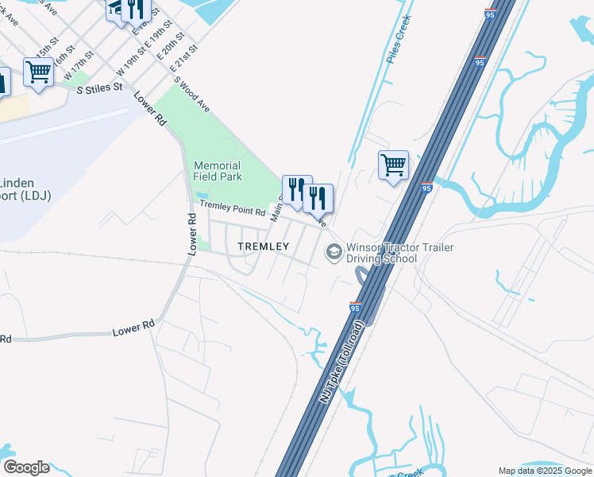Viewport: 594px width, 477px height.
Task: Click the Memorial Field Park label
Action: [x=218, y=171]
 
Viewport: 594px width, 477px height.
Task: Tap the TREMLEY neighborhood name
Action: [x=264, y=246]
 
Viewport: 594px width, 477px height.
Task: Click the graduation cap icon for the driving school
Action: [x=334, y=253]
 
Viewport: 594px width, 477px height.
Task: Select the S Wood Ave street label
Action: [x=192, y=94]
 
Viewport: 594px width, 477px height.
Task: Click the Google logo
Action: [x=26, y=467]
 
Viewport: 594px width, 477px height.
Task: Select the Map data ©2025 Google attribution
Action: [x=545, y=471]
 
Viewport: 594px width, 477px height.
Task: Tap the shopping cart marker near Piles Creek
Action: [x=393, y=165]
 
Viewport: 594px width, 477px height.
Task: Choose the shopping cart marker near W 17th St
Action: [x=38, y=72]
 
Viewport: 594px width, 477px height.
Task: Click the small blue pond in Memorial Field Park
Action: [x=202, y=196]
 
